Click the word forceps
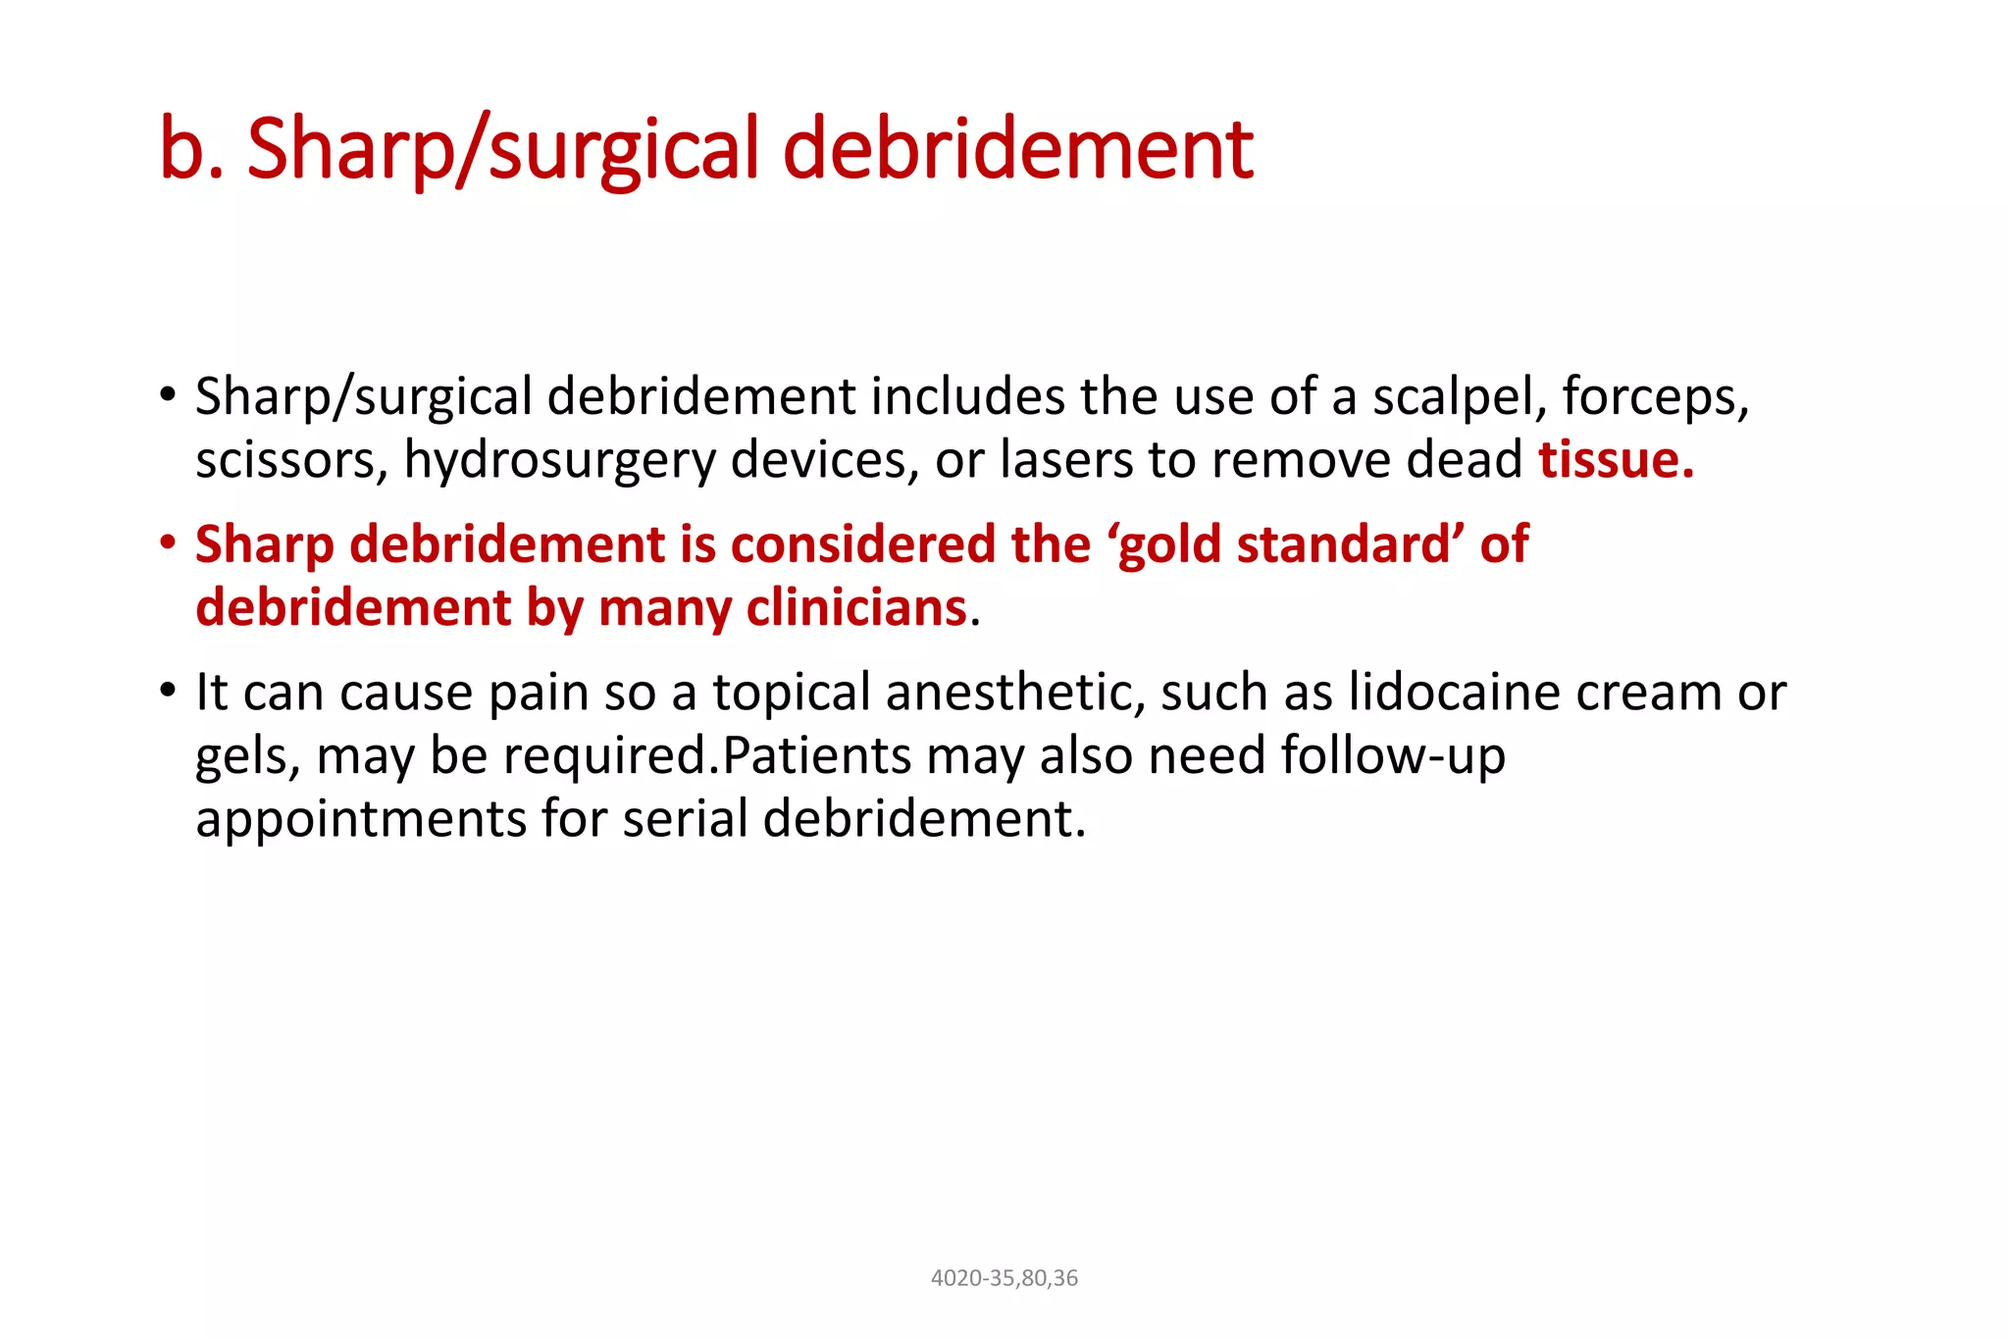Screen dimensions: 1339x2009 [1655, 397]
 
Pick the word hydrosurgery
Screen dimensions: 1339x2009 [559, 460]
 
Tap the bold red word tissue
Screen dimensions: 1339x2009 [1615, 460]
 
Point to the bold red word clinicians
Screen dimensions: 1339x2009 [856, 608]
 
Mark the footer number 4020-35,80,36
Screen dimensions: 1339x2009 [1004, 1278]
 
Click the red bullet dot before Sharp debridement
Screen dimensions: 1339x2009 [168, 542]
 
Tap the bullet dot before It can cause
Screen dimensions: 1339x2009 [168, 691]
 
